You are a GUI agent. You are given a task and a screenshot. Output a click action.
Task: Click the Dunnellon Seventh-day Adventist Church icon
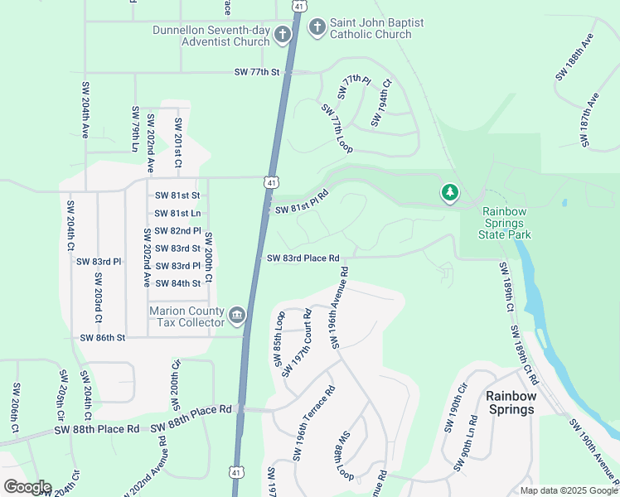click(282, 35)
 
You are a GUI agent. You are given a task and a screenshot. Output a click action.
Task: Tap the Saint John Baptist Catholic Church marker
click(316, 28)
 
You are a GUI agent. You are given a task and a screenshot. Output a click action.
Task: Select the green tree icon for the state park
click(449, 193)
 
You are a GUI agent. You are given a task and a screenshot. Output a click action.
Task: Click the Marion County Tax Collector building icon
click(236, 315)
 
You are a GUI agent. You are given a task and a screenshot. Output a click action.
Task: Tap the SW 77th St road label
click(259, 72)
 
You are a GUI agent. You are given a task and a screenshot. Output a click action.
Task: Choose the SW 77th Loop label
click(337, 128)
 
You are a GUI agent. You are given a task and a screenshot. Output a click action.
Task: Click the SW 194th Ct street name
click(381, 103)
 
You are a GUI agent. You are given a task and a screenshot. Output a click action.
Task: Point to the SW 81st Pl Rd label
click(302, 202)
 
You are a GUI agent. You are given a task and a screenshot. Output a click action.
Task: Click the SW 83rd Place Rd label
click(303, 258)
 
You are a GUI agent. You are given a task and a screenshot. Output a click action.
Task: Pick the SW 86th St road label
click(103, 338)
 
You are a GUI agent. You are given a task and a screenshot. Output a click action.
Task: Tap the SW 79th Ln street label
click(134, 128)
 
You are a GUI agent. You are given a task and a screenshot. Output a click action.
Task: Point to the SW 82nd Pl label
click(178, 230)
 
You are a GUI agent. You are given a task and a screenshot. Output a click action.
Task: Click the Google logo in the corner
click(27, 487)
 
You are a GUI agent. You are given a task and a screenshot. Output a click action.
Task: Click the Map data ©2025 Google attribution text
click(568, 490)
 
